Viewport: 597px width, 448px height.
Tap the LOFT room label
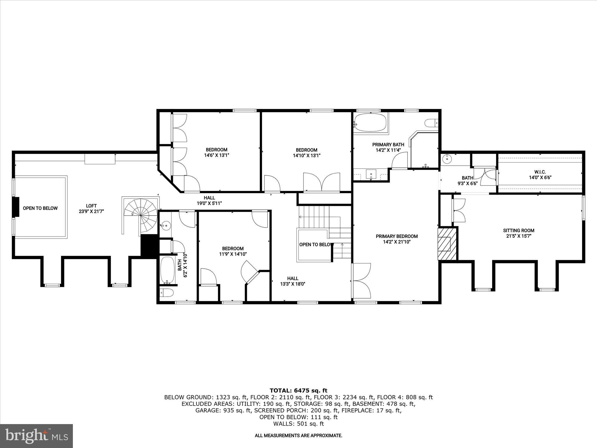91,208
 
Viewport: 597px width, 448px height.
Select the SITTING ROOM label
519,233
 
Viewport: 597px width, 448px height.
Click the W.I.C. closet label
540,174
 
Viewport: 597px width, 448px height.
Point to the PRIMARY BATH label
388,147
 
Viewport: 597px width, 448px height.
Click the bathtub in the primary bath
371,123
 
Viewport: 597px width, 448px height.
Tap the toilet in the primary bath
431,123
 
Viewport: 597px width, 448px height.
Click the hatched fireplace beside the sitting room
447,244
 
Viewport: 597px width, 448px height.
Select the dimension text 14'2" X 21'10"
396,242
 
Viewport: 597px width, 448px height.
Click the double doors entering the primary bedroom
361,281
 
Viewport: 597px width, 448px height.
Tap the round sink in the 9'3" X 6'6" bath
447,159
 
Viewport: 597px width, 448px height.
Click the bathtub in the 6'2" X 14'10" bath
167,270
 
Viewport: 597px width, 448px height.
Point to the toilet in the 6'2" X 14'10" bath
167,292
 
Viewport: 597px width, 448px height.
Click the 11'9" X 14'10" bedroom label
233,251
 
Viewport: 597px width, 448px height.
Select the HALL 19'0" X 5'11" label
209,200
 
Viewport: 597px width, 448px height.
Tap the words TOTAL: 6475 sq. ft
298,391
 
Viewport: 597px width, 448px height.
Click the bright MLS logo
36,435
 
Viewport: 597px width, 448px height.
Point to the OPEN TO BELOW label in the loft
40,208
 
